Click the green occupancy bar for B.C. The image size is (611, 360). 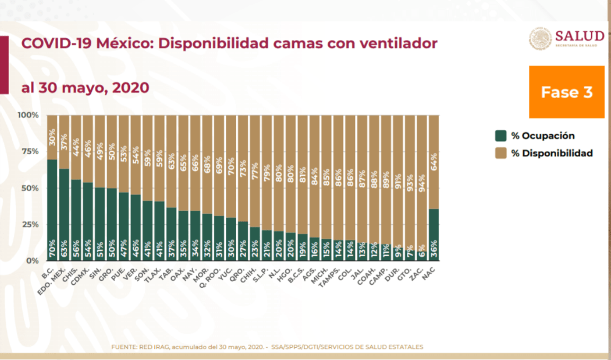point(53,209)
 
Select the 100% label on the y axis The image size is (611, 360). point(28,115)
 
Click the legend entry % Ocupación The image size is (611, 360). point(536,136)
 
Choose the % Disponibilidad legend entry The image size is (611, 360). point(544,153)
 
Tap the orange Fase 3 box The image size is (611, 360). point(566,92)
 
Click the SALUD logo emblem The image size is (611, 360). point(540,39)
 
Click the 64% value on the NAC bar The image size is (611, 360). point(433,161)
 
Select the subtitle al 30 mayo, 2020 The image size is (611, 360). point(85,87)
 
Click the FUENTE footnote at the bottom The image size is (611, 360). point(267,347)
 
